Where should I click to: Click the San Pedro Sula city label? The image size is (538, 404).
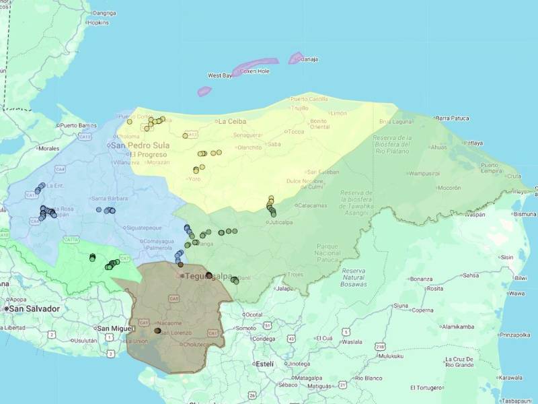tap(139, 145)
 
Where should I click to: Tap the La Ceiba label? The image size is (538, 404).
tap(232, 122)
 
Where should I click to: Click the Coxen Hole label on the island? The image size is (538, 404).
tap(255, 71)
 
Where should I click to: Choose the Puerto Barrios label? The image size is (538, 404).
tap(78, 125)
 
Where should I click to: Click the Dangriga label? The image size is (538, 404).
tap(104, 13)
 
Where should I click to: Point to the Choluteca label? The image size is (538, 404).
tap(198, 344)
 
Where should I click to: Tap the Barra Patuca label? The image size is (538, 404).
tap(456, 119)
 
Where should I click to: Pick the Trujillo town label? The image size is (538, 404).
tap(299, 108)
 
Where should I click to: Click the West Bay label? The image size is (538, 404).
tap(220, 76)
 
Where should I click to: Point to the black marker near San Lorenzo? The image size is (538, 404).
tap(157, 331)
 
